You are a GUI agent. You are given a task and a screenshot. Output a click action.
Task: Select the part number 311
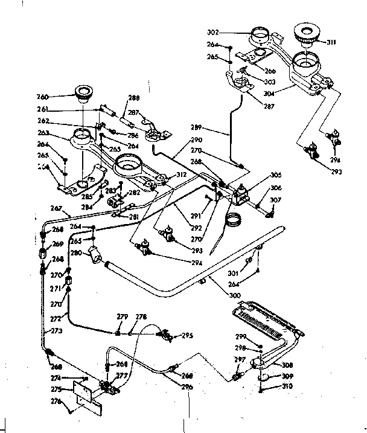pyautogui.click(x=331, y=42)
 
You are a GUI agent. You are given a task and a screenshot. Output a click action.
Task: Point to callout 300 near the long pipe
pyautogui.click(x=235, y=295)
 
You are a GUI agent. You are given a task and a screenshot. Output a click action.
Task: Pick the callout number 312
pyautogui.click(x=181, y=175)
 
